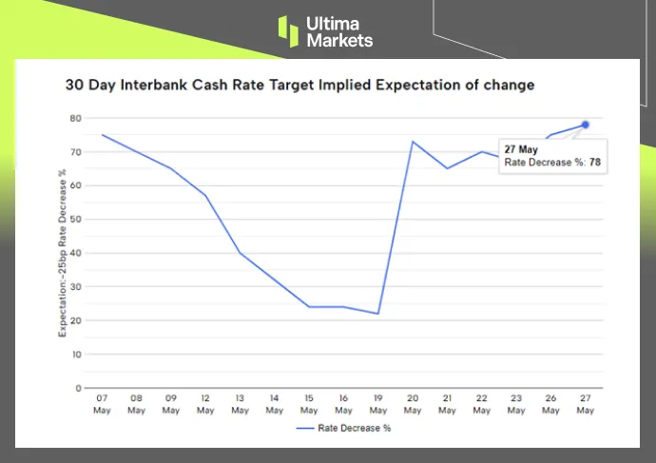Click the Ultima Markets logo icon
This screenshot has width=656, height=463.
point(288,30)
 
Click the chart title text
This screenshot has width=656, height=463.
point(299,85)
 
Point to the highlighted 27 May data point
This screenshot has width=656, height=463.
point(586,125)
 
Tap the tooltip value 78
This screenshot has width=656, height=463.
point(595,163)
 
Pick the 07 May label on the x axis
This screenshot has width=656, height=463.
point(102,405)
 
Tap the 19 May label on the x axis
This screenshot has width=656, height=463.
point(378,405)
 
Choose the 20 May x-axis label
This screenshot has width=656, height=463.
point(413,405)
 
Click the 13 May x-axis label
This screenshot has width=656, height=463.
point(240,405)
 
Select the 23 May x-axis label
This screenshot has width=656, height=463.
point(516,405)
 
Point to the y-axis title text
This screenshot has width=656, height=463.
point(62,253)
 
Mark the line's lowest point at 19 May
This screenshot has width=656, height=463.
point(378,314)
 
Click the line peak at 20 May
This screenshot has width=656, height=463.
point(413,142)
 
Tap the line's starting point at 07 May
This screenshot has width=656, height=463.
point(102,135)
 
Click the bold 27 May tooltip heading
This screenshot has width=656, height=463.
point(520,148)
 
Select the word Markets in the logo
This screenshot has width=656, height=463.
point(339,41)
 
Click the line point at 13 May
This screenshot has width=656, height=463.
point(240,253)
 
